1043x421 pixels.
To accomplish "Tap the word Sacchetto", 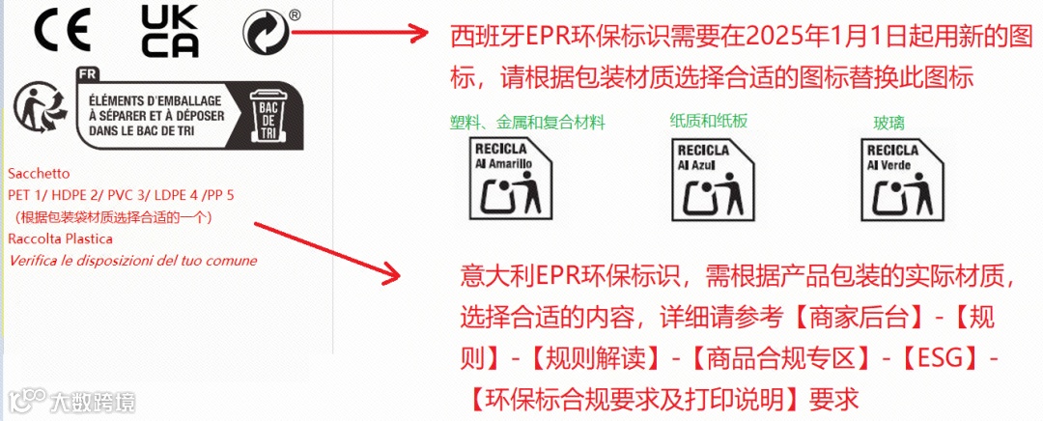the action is (x=39, y=175).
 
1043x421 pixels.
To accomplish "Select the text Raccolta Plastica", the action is (x=60, y=239).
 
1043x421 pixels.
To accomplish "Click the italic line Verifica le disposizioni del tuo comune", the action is (x=132, y=260).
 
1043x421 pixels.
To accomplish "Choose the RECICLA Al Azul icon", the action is (x=710, y=180).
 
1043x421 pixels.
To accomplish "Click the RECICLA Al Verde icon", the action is (x=899, y=180).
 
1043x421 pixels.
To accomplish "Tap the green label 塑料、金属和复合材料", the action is (x=527, y=123).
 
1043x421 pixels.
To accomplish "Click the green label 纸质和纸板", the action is (x=709, y=121).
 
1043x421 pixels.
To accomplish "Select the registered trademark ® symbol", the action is (x=294, y=14).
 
